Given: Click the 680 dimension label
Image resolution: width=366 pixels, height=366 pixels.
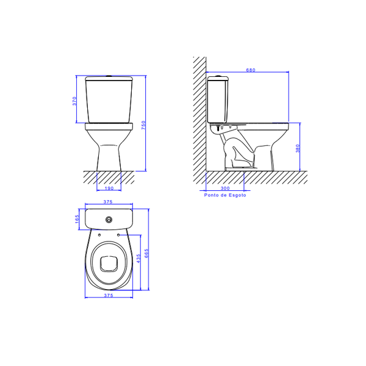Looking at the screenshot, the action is [x=251, y=70].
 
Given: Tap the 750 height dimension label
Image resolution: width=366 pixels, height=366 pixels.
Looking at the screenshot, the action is [x=143, y=125].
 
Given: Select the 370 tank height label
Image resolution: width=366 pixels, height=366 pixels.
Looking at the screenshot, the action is [x=74, y=101].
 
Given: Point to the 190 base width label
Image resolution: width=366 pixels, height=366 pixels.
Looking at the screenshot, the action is [x=109, y=188].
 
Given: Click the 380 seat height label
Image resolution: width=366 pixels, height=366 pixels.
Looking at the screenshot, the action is [x=298, y=148].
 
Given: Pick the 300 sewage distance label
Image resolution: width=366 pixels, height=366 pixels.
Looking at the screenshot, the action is [x=225, y=188].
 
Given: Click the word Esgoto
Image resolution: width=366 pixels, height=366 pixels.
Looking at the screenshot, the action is [x=237, y=195].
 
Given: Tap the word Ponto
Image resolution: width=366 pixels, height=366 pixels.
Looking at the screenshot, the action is [x=211, y=195].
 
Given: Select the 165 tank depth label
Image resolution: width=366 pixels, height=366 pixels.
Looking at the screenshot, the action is [x=77, y=219].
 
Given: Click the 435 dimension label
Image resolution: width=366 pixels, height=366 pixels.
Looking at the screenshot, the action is [x=138, y=259].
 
